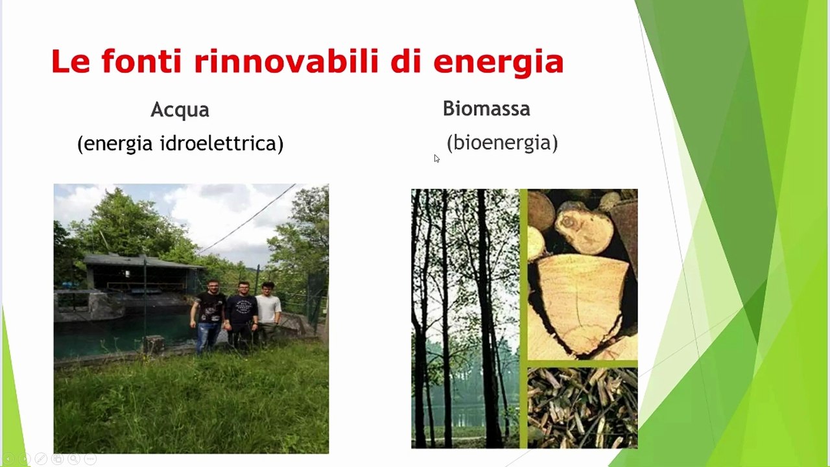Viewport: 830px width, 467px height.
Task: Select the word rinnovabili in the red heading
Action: [286, 61]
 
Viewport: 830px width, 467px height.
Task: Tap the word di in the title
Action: [406, 61]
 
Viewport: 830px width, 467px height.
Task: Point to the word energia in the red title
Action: [499, 63]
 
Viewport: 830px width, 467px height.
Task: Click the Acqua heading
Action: [180, 110]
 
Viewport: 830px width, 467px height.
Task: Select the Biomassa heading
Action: [486, 108]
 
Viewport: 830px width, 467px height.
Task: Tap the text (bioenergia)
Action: [502, 142]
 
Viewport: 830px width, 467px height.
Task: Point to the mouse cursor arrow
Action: [437, 159]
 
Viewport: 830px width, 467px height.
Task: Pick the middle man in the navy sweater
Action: [242, 315]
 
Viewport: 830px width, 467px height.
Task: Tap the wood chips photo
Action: [582, 408]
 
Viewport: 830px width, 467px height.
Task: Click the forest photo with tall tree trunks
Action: [465, 318]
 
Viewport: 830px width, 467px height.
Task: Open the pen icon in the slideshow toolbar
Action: [41, 459]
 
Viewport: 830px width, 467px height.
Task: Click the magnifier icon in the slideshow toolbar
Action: [74, 459]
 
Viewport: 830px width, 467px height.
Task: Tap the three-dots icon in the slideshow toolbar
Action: [90, 459]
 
